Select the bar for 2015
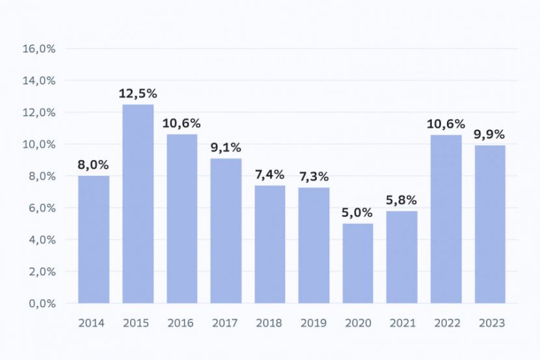click(138, 204)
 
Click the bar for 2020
click(358, 264)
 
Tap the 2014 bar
click(94, 240)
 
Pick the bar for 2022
click(446, 219)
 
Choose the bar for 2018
click(270, 245)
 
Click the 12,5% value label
click(138, 93)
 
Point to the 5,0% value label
click(357, 213)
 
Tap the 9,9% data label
click(489, 134)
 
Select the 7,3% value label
click(314, 176)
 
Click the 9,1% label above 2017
click(226, 147)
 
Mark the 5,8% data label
click(401, 200)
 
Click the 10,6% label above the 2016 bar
click(181, 123)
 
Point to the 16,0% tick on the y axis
click(39, 49)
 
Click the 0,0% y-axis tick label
click(42, 303)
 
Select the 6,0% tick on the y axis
click(42, 208)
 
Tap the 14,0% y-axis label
click(39, 81)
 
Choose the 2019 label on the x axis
click(314, 323)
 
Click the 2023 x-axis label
click(492, 323)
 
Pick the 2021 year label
click(403, 323)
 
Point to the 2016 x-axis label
click(180, 323)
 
